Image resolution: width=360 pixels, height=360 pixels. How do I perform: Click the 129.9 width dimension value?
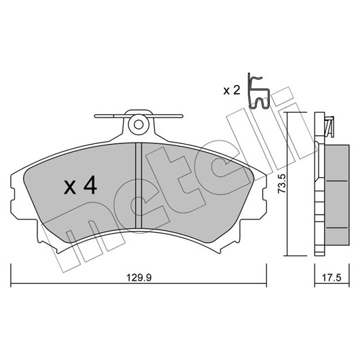[139, 278]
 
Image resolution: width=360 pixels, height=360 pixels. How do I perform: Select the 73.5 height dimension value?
[282, 183]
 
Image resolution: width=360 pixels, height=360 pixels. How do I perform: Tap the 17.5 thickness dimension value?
[331, 278]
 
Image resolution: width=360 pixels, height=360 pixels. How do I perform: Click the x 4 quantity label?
[80, 185]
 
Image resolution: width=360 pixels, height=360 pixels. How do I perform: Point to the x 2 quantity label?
[232, 90]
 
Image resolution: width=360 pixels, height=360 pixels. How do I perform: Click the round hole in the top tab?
[139, 125]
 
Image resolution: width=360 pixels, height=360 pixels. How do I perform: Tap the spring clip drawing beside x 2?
[258, 91]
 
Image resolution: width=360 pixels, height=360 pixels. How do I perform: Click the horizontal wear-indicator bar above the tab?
[139, 116]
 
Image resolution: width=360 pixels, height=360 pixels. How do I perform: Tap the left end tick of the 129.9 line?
[11, 275]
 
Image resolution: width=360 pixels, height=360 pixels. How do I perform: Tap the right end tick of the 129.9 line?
[266, 275]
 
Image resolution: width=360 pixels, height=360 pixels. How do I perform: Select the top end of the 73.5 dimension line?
[287, 112]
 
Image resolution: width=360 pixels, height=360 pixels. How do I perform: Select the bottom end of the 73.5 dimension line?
[287, 255]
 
